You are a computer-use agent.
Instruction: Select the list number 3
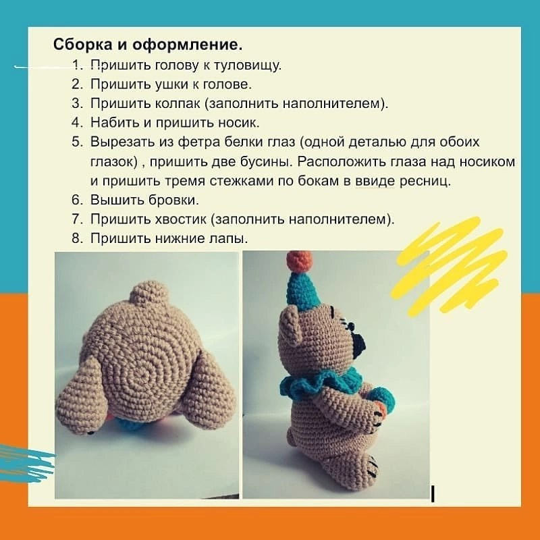(x=76, y=103)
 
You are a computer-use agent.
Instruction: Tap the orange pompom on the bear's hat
(x=299, y=260)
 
